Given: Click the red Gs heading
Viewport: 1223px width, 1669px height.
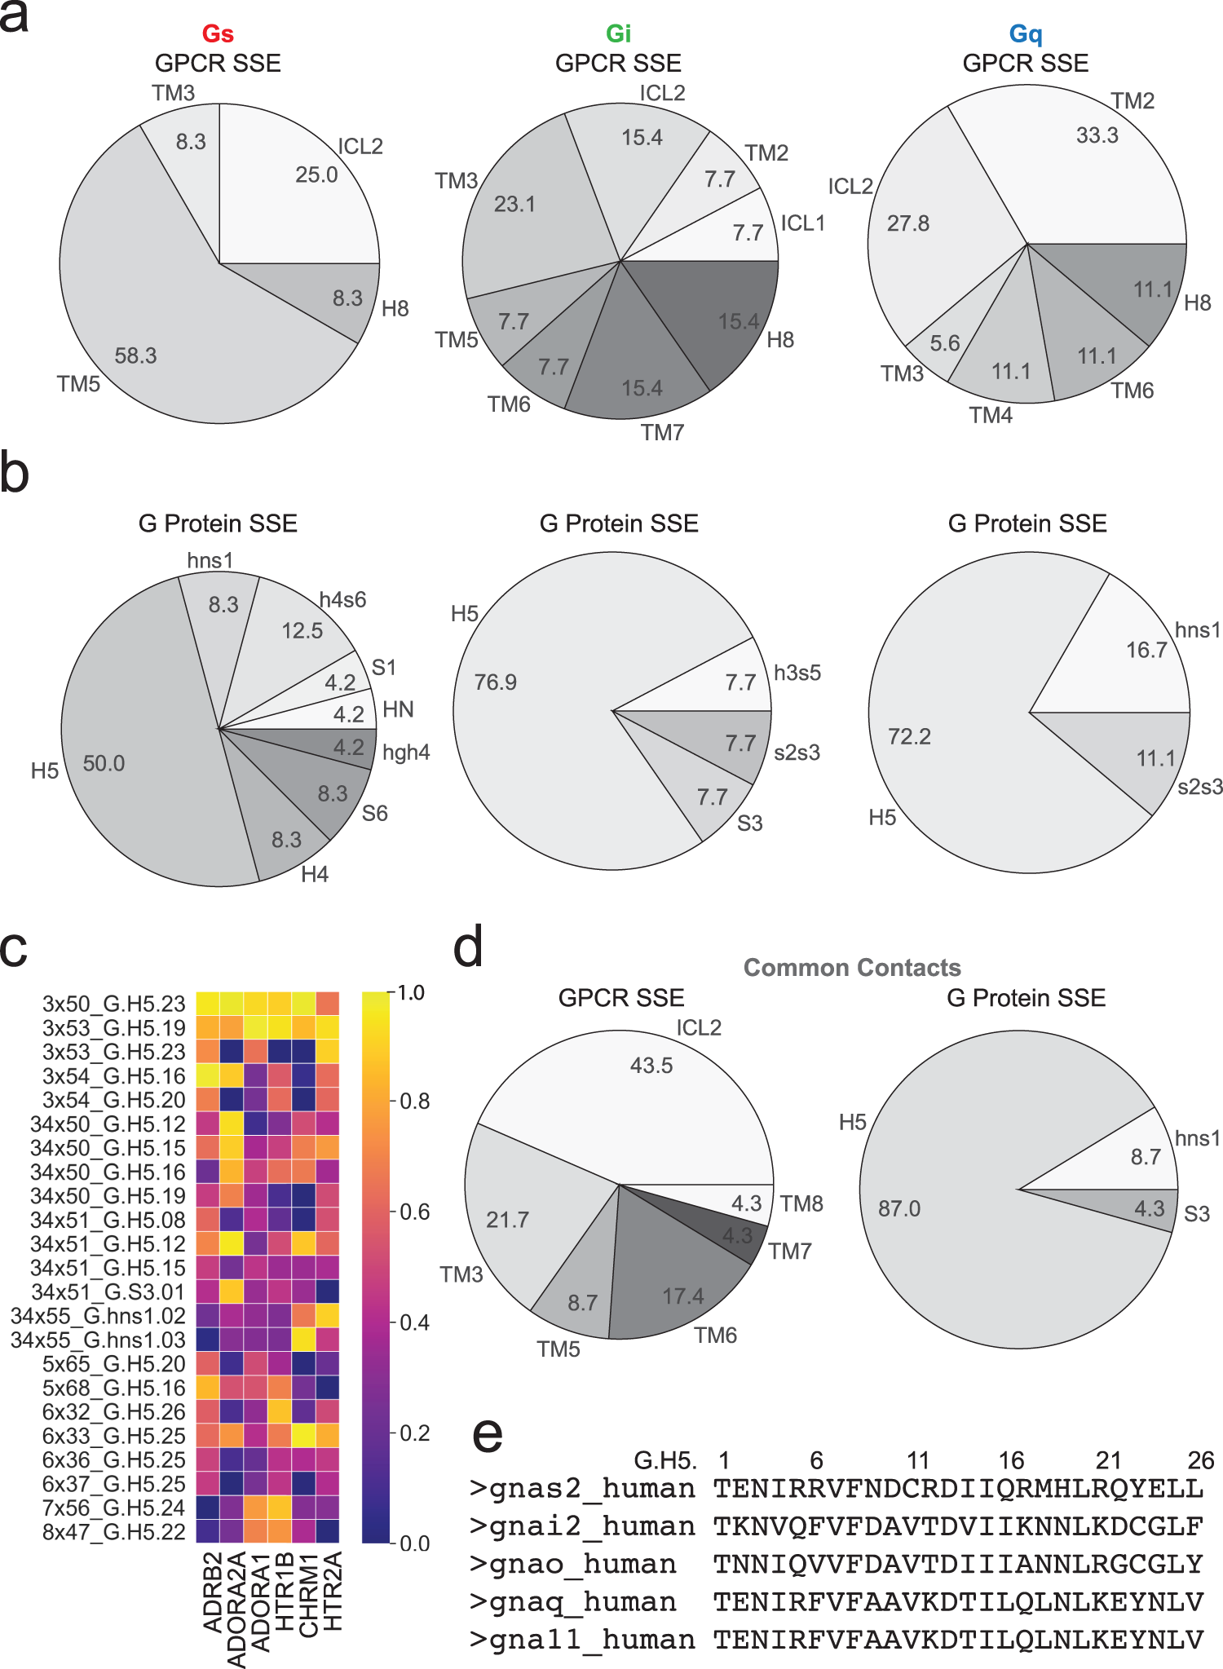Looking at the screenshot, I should pos(218,34).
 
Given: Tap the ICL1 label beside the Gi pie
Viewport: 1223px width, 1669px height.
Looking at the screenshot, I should pos(802,223).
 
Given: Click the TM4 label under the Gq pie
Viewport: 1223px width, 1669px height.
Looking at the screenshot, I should pos(990,415).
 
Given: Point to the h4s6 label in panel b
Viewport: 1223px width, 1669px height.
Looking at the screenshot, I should pos(342,600).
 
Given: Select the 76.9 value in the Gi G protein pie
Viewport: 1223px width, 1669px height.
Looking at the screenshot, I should pos(496,682).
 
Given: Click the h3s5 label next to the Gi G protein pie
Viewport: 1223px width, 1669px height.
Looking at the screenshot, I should pos(797,673).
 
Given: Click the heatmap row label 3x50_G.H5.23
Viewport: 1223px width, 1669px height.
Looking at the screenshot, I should pos(114,1004).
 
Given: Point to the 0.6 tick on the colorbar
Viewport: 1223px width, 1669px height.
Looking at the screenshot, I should pos(415,1211).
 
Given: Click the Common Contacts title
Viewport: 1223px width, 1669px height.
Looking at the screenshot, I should pos(852,968).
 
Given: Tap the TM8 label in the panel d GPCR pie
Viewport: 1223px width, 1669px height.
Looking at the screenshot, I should pos(801,1203).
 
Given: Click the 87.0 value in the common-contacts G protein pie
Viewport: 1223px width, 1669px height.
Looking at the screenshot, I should pos(899,1208).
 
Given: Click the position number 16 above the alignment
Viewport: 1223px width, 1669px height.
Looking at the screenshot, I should pos(1011,1460).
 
